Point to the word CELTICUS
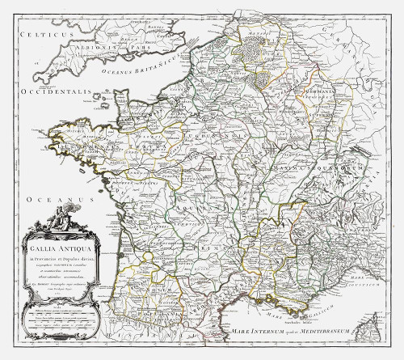[30, 37]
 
